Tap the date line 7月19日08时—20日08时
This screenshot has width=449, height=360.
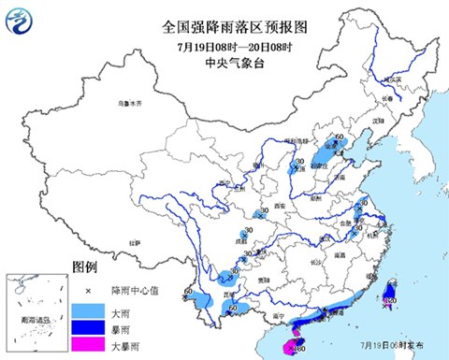click(222, 46)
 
